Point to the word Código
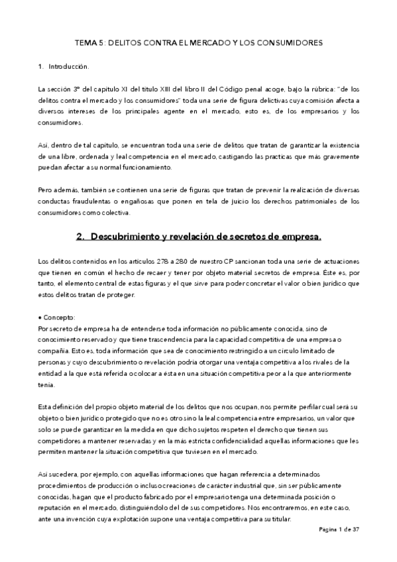[x=229, y=89]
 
